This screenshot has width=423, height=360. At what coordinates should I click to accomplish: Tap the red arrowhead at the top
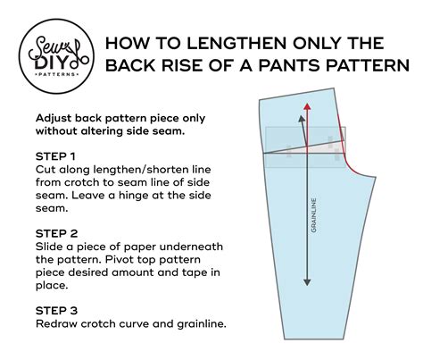coord(306,105)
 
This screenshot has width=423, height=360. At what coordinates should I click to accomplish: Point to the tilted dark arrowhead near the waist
coord(301,120)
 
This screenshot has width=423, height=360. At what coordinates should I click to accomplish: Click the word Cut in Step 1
coord(45,169)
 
